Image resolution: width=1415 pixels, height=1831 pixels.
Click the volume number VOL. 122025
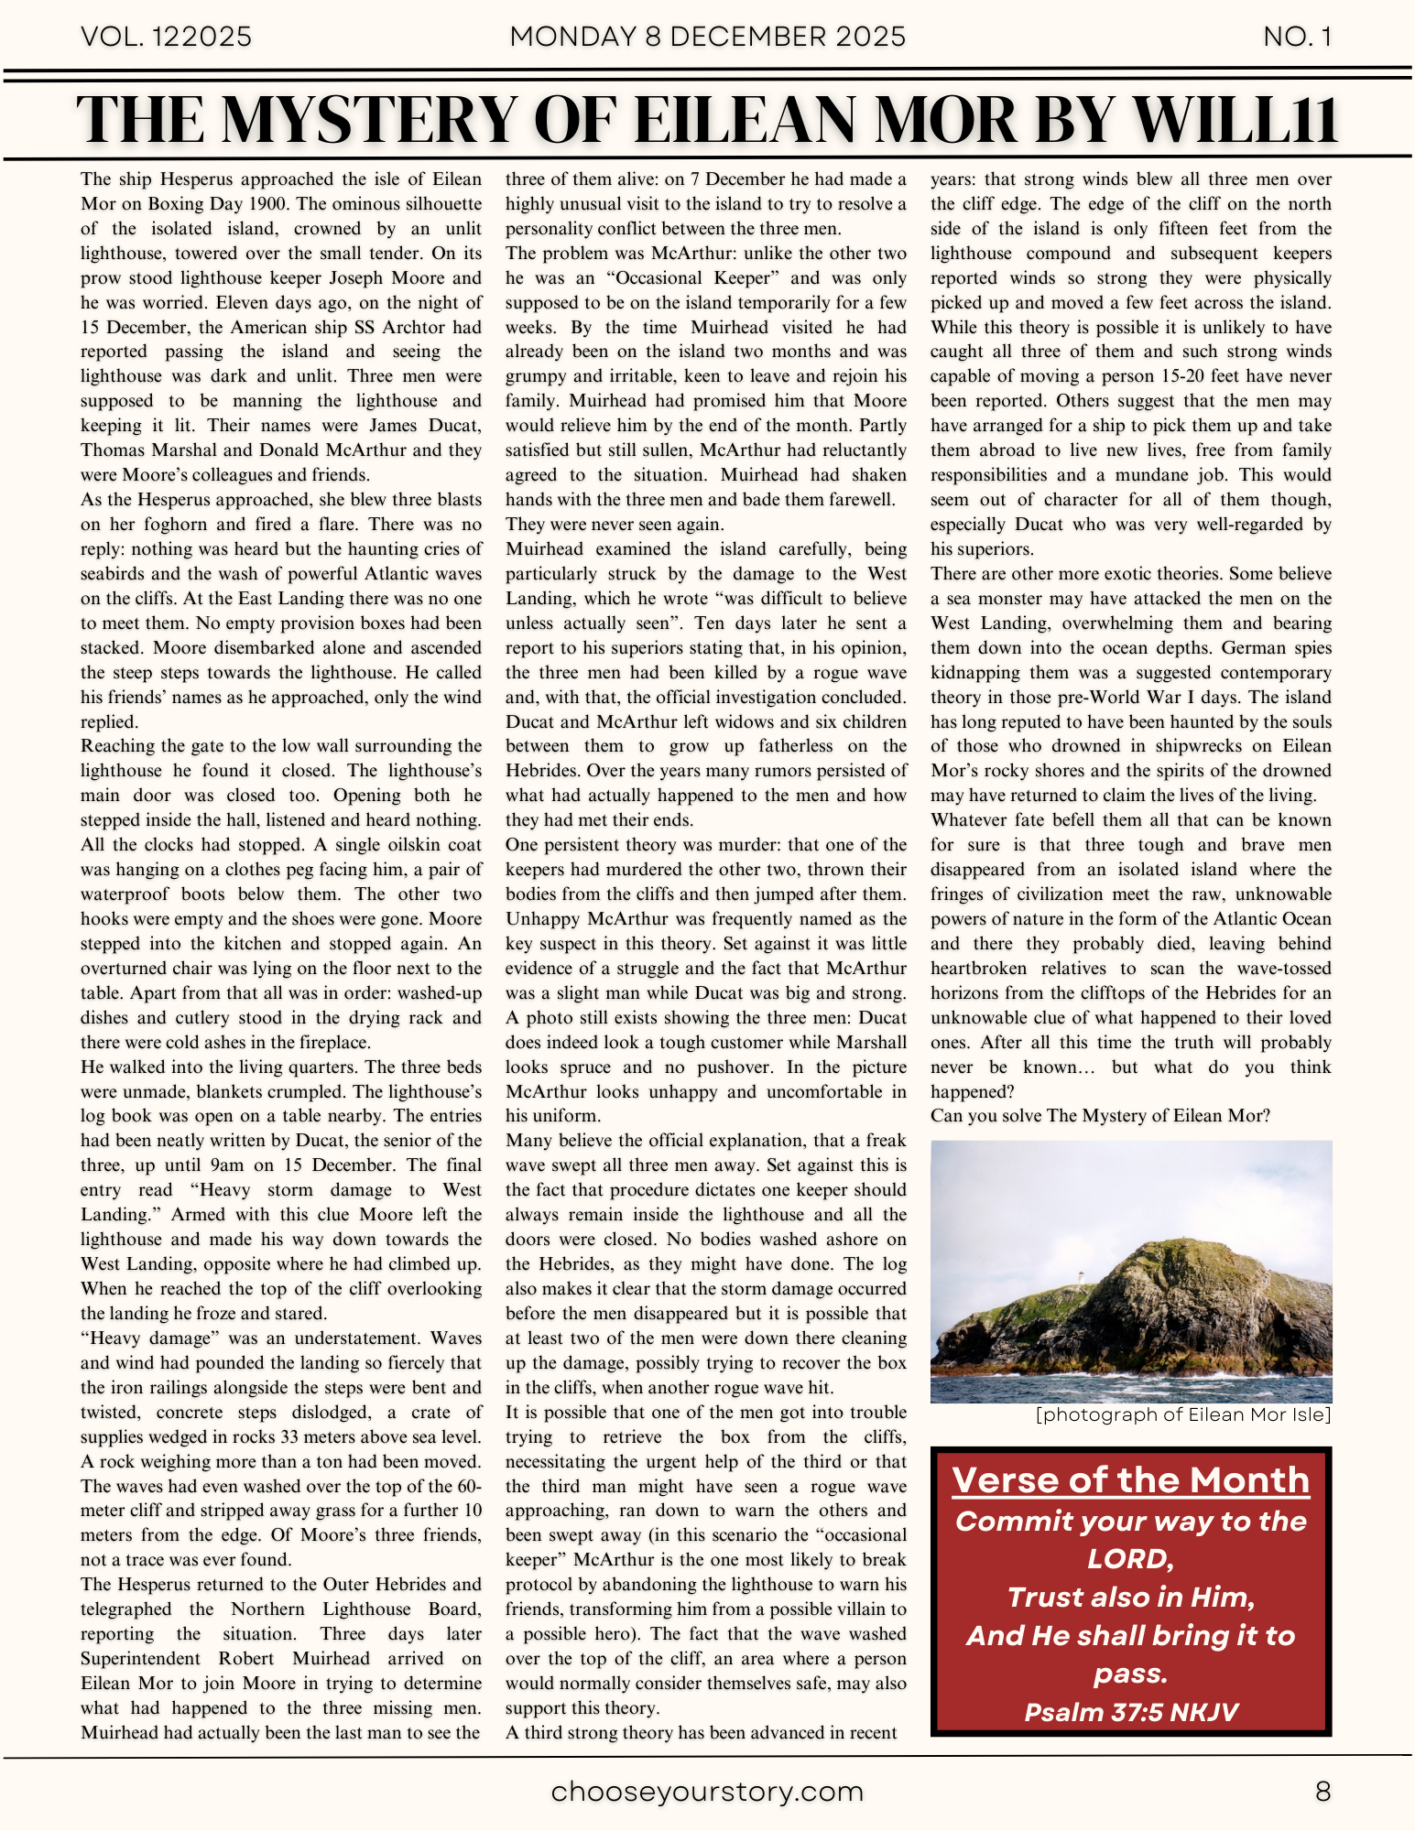[x=166, y=37]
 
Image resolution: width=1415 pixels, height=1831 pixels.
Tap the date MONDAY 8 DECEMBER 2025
[x=707, y=37]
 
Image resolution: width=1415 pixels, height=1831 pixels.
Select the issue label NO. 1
[x=1297, y=37]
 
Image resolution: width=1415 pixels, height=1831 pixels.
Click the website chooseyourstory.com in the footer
[x=707, y=1792]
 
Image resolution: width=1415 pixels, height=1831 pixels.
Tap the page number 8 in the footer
[x=1322, y=1792]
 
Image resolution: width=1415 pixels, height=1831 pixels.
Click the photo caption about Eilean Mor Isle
[x=1182, y=1414]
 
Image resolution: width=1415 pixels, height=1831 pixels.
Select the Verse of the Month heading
[x=1130, y=1480]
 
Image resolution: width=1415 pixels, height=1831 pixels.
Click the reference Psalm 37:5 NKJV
[x=1130, y=1712]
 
